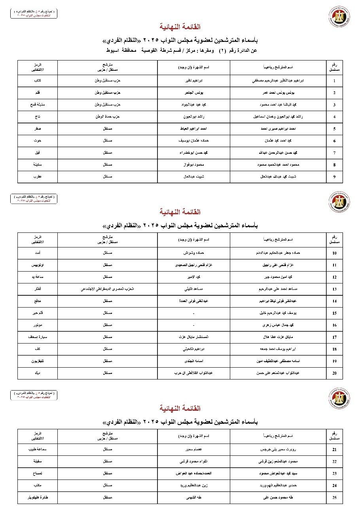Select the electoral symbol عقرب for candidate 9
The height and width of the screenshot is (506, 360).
pos(38,177)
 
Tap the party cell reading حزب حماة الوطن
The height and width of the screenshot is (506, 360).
pos(108,117)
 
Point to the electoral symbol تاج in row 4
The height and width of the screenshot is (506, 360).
pos(38,117)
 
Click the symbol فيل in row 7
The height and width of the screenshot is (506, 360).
pos(38,153)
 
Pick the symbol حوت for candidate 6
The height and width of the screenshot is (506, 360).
pos(38,141)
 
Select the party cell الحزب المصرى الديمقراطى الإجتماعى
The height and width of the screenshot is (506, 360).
pos(108,289)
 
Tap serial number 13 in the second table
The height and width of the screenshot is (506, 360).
pos(334,289)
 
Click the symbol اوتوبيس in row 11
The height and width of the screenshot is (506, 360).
pos(38,265)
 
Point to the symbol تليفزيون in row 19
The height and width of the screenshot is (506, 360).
pos(38,361)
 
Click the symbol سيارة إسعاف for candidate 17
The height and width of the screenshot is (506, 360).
pos(38,337)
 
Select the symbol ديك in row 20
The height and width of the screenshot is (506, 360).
pos(38,373)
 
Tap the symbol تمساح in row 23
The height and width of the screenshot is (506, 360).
pos(38,474)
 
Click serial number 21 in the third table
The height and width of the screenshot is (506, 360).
pos(334,450)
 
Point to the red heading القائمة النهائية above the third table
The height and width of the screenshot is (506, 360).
pos(180,408)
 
